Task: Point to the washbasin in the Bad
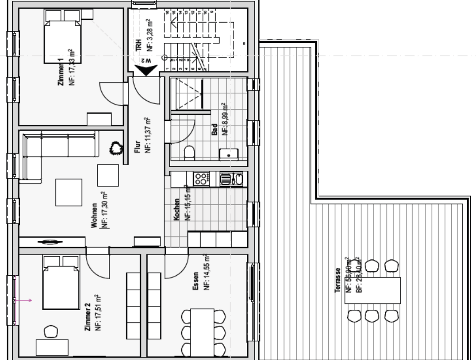(228, 154)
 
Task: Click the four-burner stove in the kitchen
(201, 179)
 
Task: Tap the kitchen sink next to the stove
(231, 179)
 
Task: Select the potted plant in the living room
(116, 148)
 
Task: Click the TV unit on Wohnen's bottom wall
(52, 242)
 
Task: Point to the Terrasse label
(338, 280)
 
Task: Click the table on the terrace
(372, 290)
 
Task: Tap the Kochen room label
(176, 210)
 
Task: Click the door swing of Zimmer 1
(110, 95)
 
